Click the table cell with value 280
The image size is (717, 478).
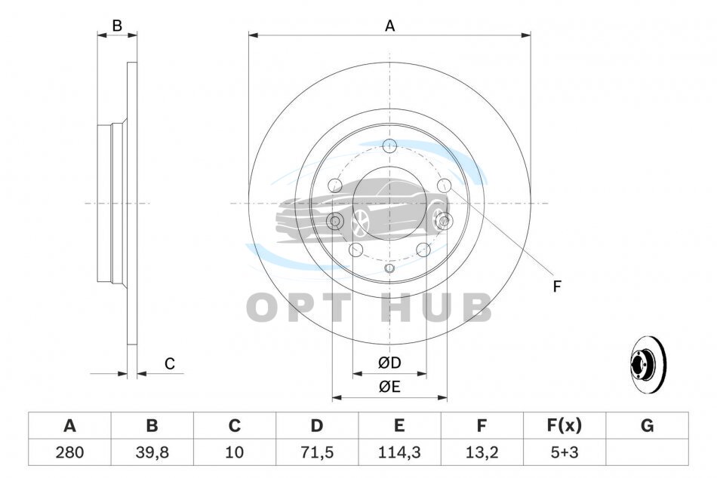coord(69,452)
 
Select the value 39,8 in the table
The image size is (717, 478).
coord(152,452)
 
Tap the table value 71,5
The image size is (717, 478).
coord(316,452)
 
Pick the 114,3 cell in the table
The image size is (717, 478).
coord(399,452)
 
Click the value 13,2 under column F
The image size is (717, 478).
coord(482,452)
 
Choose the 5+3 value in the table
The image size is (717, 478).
coord(565,452)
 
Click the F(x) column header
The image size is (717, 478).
coord(565,425)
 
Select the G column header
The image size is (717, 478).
coord(647,425)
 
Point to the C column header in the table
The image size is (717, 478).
coord(234,425)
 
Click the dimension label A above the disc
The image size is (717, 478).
coord(389,26)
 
